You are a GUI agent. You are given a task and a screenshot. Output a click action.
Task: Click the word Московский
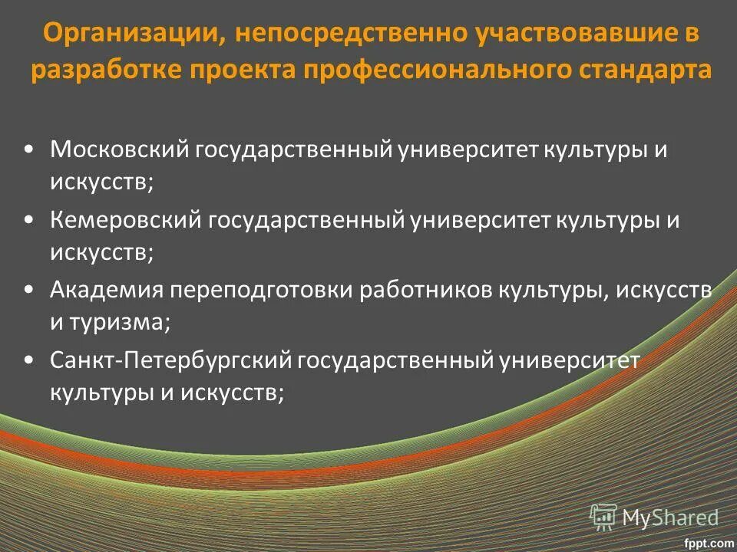point(119,149)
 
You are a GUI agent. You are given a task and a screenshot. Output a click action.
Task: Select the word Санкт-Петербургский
point(168,361)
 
